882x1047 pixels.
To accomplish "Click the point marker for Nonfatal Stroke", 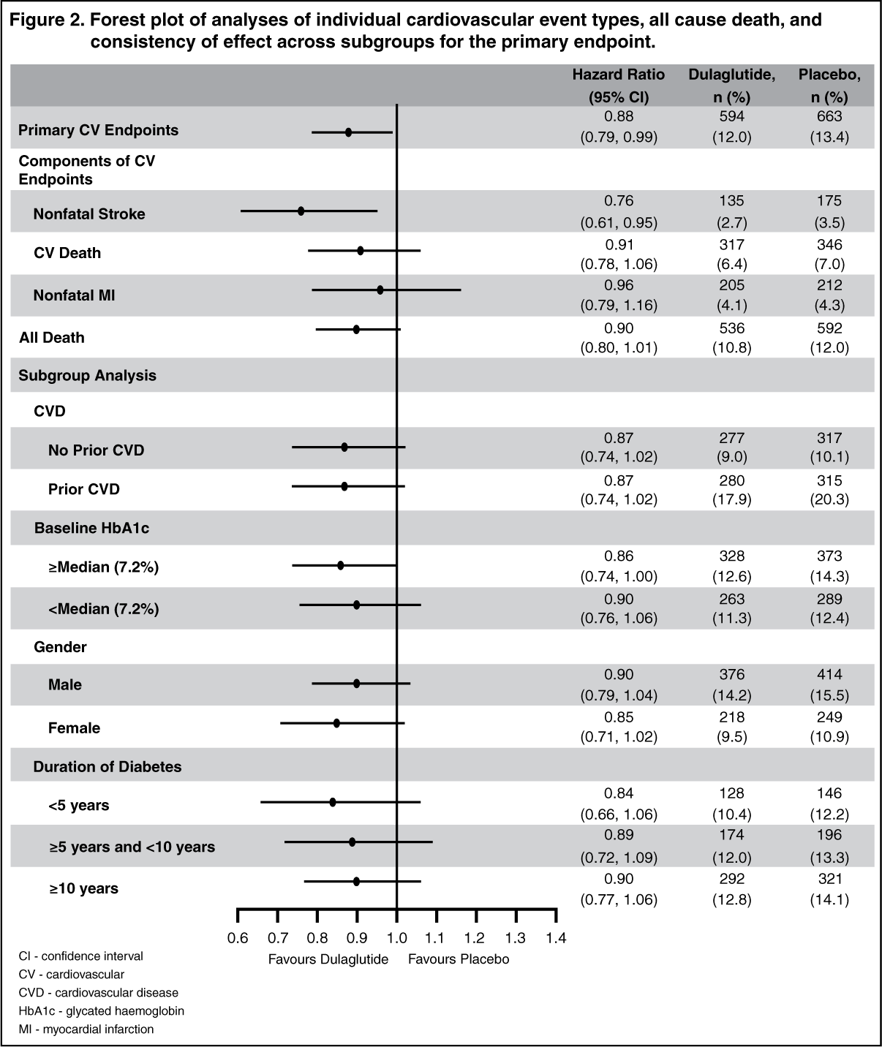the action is [x=301, y=211].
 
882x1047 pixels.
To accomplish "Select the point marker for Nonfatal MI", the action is [x=380, y=290].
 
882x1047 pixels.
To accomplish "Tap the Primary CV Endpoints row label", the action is [x=98, y=130].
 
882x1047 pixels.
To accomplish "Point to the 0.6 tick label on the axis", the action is [x=237, y=937].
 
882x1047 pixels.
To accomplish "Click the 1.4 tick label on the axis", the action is [x=556, y=937].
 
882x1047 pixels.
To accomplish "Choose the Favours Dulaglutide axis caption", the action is [x=328, y=959].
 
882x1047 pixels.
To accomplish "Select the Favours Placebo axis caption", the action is [x=459, y=959].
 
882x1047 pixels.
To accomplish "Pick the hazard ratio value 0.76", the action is [x=619, y=200].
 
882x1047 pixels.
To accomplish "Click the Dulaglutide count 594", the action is [x=731, y=116].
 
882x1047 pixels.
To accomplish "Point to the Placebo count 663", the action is [x=829, y=116].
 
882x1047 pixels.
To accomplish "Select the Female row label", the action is [x=75, y=728].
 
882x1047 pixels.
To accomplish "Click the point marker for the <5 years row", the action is [x=333, y=802].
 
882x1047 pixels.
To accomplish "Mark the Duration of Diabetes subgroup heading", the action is [x=108, y=767].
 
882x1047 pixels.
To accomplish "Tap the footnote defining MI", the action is [x=86, y=1029].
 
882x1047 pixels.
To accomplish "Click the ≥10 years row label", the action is [x=84, y=888].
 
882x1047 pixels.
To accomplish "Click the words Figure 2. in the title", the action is [x=48, y=20].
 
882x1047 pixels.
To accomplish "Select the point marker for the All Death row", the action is [x=356, y=330].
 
